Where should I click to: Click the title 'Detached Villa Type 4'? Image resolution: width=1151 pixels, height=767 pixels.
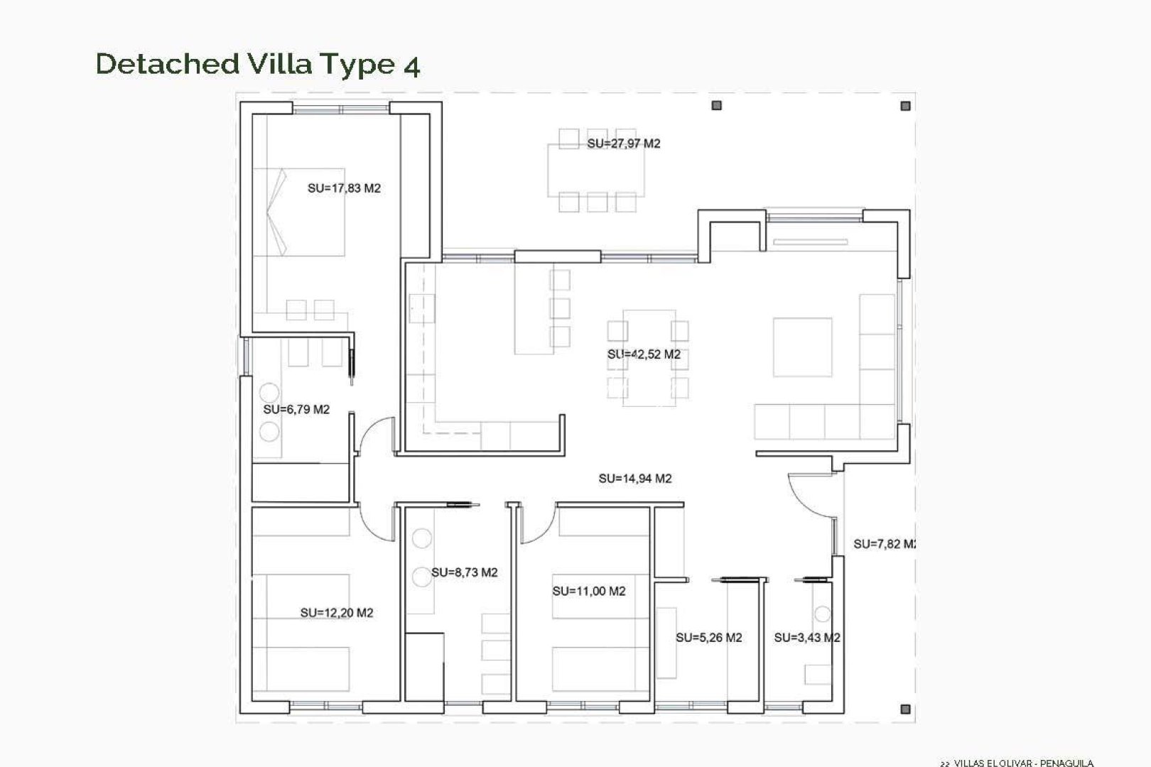(257, 64)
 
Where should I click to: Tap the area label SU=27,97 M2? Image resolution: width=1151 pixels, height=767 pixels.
(623, 143)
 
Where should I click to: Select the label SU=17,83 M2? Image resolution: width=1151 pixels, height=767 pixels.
(344, 188)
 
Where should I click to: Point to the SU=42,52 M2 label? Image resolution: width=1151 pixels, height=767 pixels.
(644, 354)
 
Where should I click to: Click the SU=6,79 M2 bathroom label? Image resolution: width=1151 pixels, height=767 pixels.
(296, 410)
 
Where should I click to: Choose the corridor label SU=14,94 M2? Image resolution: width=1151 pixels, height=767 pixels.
(634, 479)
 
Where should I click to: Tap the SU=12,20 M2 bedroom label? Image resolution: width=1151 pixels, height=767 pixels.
(336, 613)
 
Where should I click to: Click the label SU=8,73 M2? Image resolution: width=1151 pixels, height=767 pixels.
(464, 572)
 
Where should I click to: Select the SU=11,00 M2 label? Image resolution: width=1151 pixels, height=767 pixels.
(588, 591)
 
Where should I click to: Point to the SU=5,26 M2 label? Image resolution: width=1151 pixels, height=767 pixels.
(708, 638)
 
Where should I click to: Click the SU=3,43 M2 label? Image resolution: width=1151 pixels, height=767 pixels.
(806, 638)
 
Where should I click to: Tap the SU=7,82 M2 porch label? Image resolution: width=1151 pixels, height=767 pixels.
(885, 544)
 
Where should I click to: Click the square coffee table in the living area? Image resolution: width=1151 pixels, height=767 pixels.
(802, 347)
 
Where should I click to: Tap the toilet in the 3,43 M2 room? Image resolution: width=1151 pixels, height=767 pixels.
(823, 614)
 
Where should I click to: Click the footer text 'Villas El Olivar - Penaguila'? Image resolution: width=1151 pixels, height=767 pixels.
(1016, 763)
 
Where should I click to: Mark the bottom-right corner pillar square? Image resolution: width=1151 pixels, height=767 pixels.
(905, 709)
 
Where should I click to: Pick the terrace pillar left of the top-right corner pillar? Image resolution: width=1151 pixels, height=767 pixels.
(716, 106)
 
